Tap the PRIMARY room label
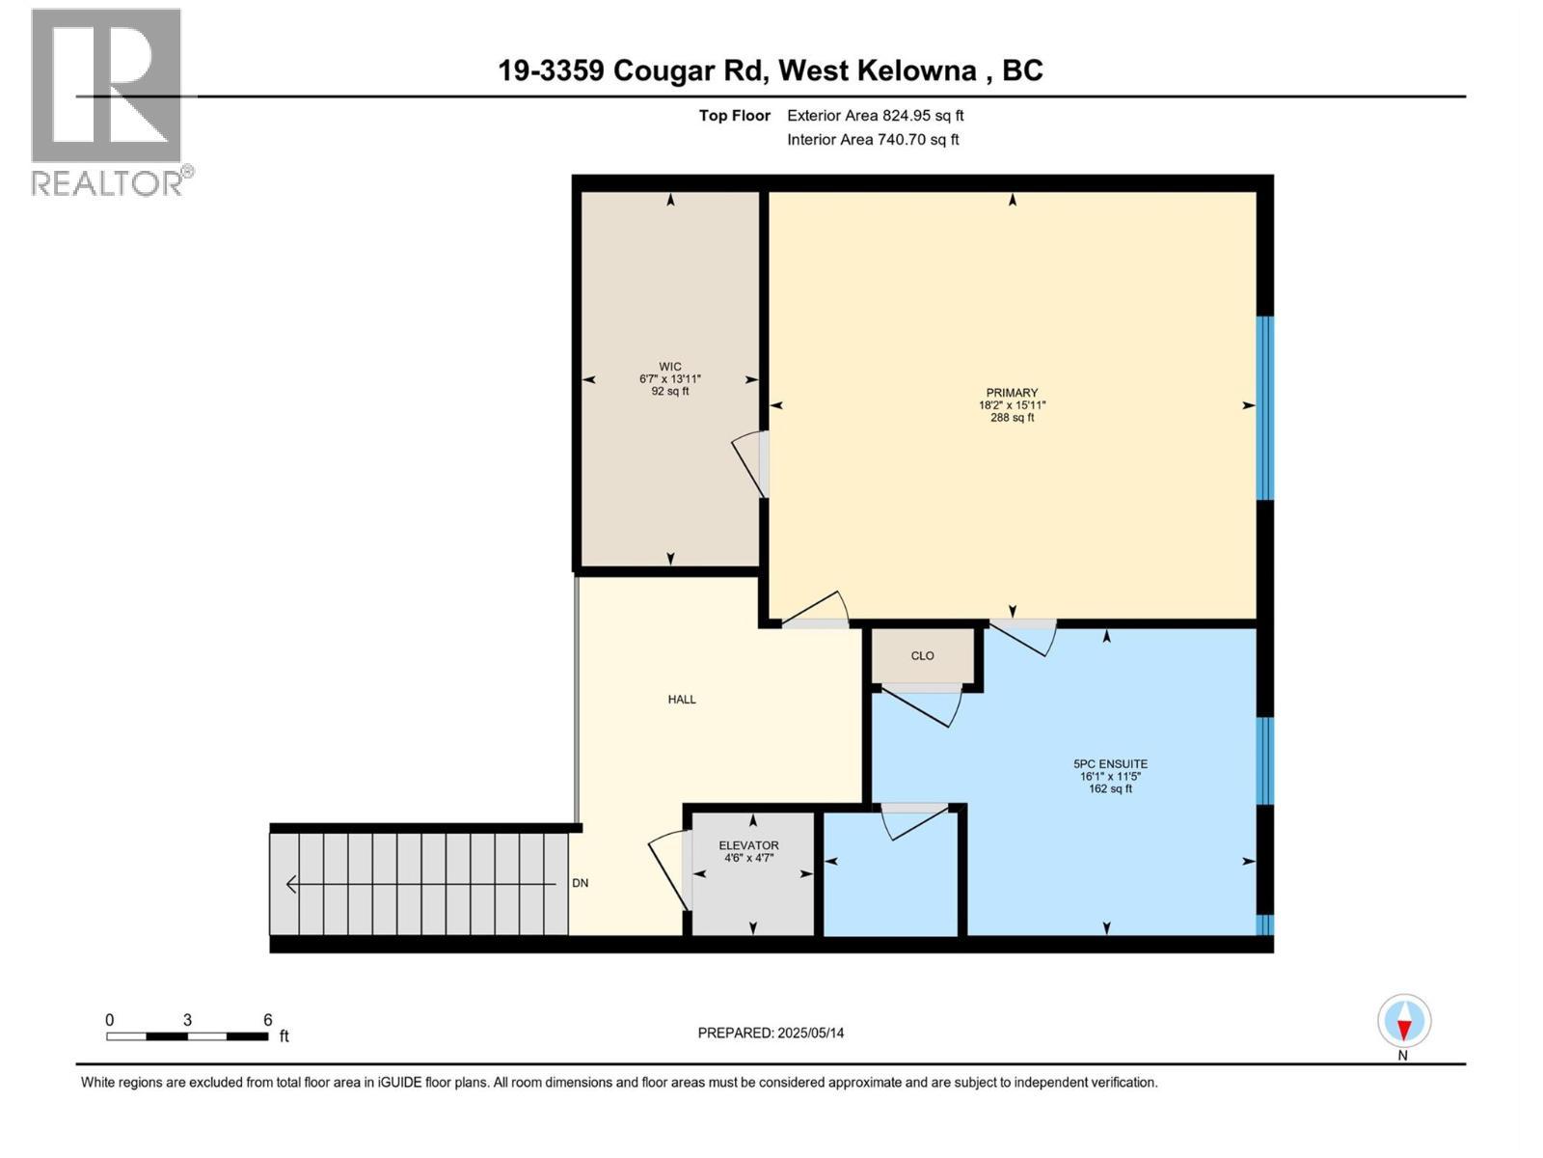tap(1012, 393)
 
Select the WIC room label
tap(670, 367)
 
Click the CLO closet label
tap(922, 656)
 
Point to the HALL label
tap(682, 700)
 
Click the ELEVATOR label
tap(748, 845)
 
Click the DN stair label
tap(581, 883)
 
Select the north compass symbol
tap(1404, 1022)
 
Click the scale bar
tap(187, 1036)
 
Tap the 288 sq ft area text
tap(1012, 418)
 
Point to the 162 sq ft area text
tap(1110, 789)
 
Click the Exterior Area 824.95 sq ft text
tap(875, 116)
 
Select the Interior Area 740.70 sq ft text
tap(873, 140)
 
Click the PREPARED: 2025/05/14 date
tap(771, 1033)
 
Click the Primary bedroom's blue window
tap(1264, 407)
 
